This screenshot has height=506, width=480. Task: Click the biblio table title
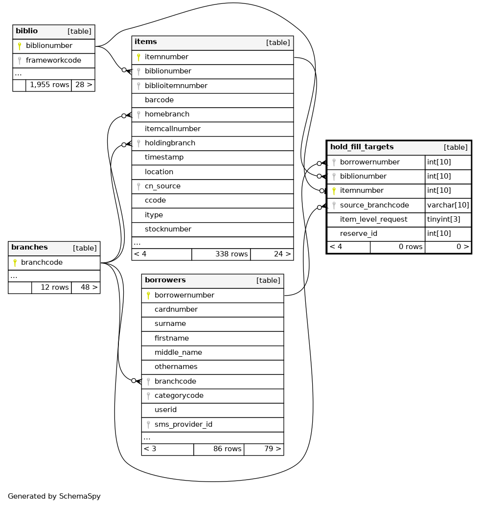click(x=27, y=31)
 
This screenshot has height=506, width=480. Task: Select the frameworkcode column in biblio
click(x=53, y=60)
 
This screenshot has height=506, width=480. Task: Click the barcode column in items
click(x=159, y=100)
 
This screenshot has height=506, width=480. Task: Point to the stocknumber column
click(x=168, y=229)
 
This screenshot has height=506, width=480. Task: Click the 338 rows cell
click(x=231, y=254)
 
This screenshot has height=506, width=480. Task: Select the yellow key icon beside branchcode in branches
click(x=15, y=263)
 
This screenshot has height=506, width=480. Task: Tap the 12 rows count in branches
click(x=54, y=287)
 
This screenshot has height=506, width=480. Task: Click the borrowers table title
click(x=165, y=280)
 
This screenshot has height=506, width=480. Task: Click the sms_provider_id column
click(x=183, y=424)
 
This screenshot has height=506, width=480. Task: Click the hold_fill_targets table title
click(x=362, y=147)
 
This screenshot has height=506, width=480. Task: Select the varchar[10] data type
click(x=448, y=205)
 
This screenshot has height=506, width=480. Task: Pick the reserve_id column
click(x=358, y=233)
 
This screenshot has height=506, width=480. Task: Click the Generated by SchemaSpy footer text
click(x=54, y=496)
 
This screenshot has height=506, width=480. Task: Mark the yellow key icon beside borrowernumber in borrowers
click(x=148, y=295)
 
